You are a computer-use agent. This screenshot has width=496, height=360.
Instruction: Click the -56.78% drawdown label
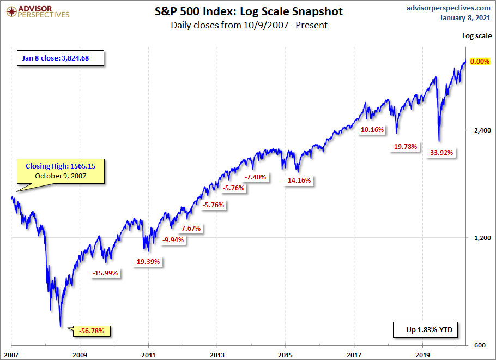(95, 331)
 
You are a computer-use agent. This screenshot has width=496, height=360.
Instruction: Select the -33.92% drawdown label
(441, 153)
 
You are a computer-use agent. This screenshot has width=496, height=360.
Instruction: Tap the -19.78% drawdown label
(404, 146)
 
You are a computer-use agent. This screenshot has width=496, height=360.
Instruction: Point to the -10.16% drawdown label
(372, 130)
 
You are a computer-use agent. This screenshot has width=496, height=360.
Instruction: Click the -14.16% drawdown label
(298, 181)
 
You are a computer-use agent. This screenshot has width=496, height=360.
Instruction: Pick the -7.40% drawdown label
(255, 177)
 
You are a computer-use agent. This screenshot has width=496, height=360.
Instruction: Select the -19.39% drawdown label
(147, 262)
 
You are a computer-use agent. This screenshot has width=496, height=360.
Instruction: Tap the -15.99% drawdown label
(106, 273)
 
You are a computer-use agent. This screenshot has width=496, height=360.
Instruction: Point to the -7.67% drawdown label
(190, 229)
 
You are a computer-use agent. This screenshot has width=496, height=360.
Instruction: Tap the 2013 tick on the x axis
(217, 353)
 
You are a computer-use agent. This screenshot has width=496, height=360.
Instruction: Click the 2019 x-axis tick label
(423, 353)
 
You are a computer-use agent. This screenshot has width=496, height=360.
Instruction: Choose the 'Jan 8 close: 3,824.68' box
(58, 58)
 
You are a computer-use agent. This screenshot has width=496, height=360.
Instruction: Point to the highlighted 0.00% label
(480, 62)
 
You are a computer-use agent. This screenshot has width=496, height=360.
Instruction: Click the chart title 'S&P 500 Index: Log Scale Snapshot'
(248, 11)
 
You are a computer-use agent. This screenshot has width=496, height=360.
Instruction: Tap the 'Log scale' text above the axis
(477, 36)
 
